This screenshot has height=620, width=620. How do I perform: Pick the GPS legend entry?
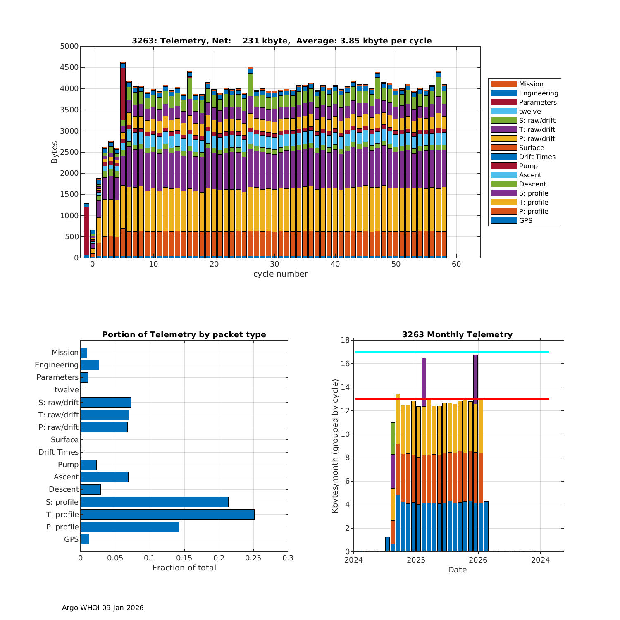click(x=525, y=221)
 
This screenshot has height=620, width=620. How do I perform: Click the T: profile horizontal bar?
click(x=167, y=515)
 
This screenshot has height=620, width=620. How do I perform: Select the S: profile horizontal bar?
click(x=154, y=502)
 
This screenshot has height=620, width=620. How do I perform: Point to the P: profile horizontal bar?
click(x=129, y=527)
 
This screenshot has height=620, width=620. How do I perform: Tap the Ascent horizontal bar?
click(x=104, y=477)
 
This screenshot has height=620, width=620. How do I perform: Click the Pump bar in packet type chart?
click(x=88, y=465)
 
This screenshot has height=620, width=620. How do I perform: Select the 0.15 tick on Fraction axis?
click(x=184, y=558)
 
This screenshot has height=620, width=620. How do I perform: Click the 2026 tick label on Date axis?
click(x=478, y=560)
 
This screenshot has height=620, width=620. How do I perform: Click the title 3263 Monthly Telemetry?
click(x=457, y=335)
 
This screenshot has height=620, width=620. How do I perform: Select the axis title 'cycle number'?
click(x=280, y=274)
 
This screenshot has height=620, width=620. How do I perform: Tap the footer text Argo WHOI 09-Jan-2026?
click(x=103, y=608)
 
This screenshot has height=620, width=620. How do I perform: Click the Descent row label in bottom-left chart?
click(x=64, y=490)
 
